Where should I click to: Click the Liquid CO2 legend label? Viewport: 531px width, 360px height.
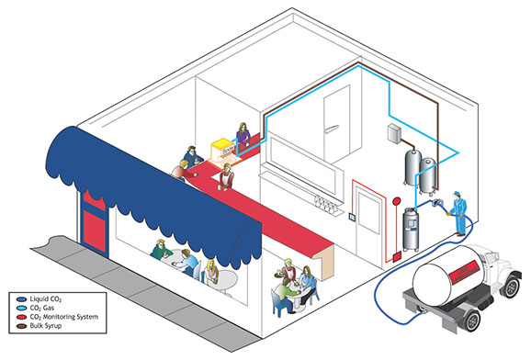[x=45, y=299]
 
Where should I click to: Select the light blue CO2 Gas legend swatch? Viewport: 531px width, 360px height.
[x=21, y=309]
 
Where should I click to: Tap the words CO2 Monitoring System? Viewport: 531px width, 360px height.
[x=64, y=317]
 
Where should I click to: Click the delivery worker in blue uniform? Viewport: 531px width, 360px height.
[x=458, y=213]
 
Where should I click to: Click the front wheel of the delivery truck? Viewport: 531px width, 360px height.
[x=511, y=287]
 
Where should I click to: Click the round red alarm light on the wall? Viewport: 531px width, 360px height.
[x=396, y=201]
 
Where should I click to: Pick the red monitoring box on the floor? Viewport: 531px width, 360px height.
[x=397, y=257]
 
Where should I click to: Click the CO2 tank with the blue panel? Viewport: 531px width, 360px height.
[x=411, y=230]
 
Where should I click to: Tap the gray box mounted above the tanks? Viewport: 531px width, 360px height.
[x=394, y=133]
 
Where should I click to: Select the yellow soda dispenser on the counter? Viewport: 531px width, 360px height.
[x=223, y=151]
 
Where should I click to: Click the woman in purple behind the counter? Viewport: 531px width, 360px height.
[x=243, y=134]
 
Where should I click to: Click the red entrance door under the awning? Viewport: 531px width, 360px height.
[x=94, y=223]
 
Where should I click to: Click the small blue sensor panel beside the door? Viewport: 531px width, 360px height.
[x=352, y=217]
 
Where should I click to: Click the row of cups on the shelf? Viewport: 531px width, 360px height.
[x=325, y=204]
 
